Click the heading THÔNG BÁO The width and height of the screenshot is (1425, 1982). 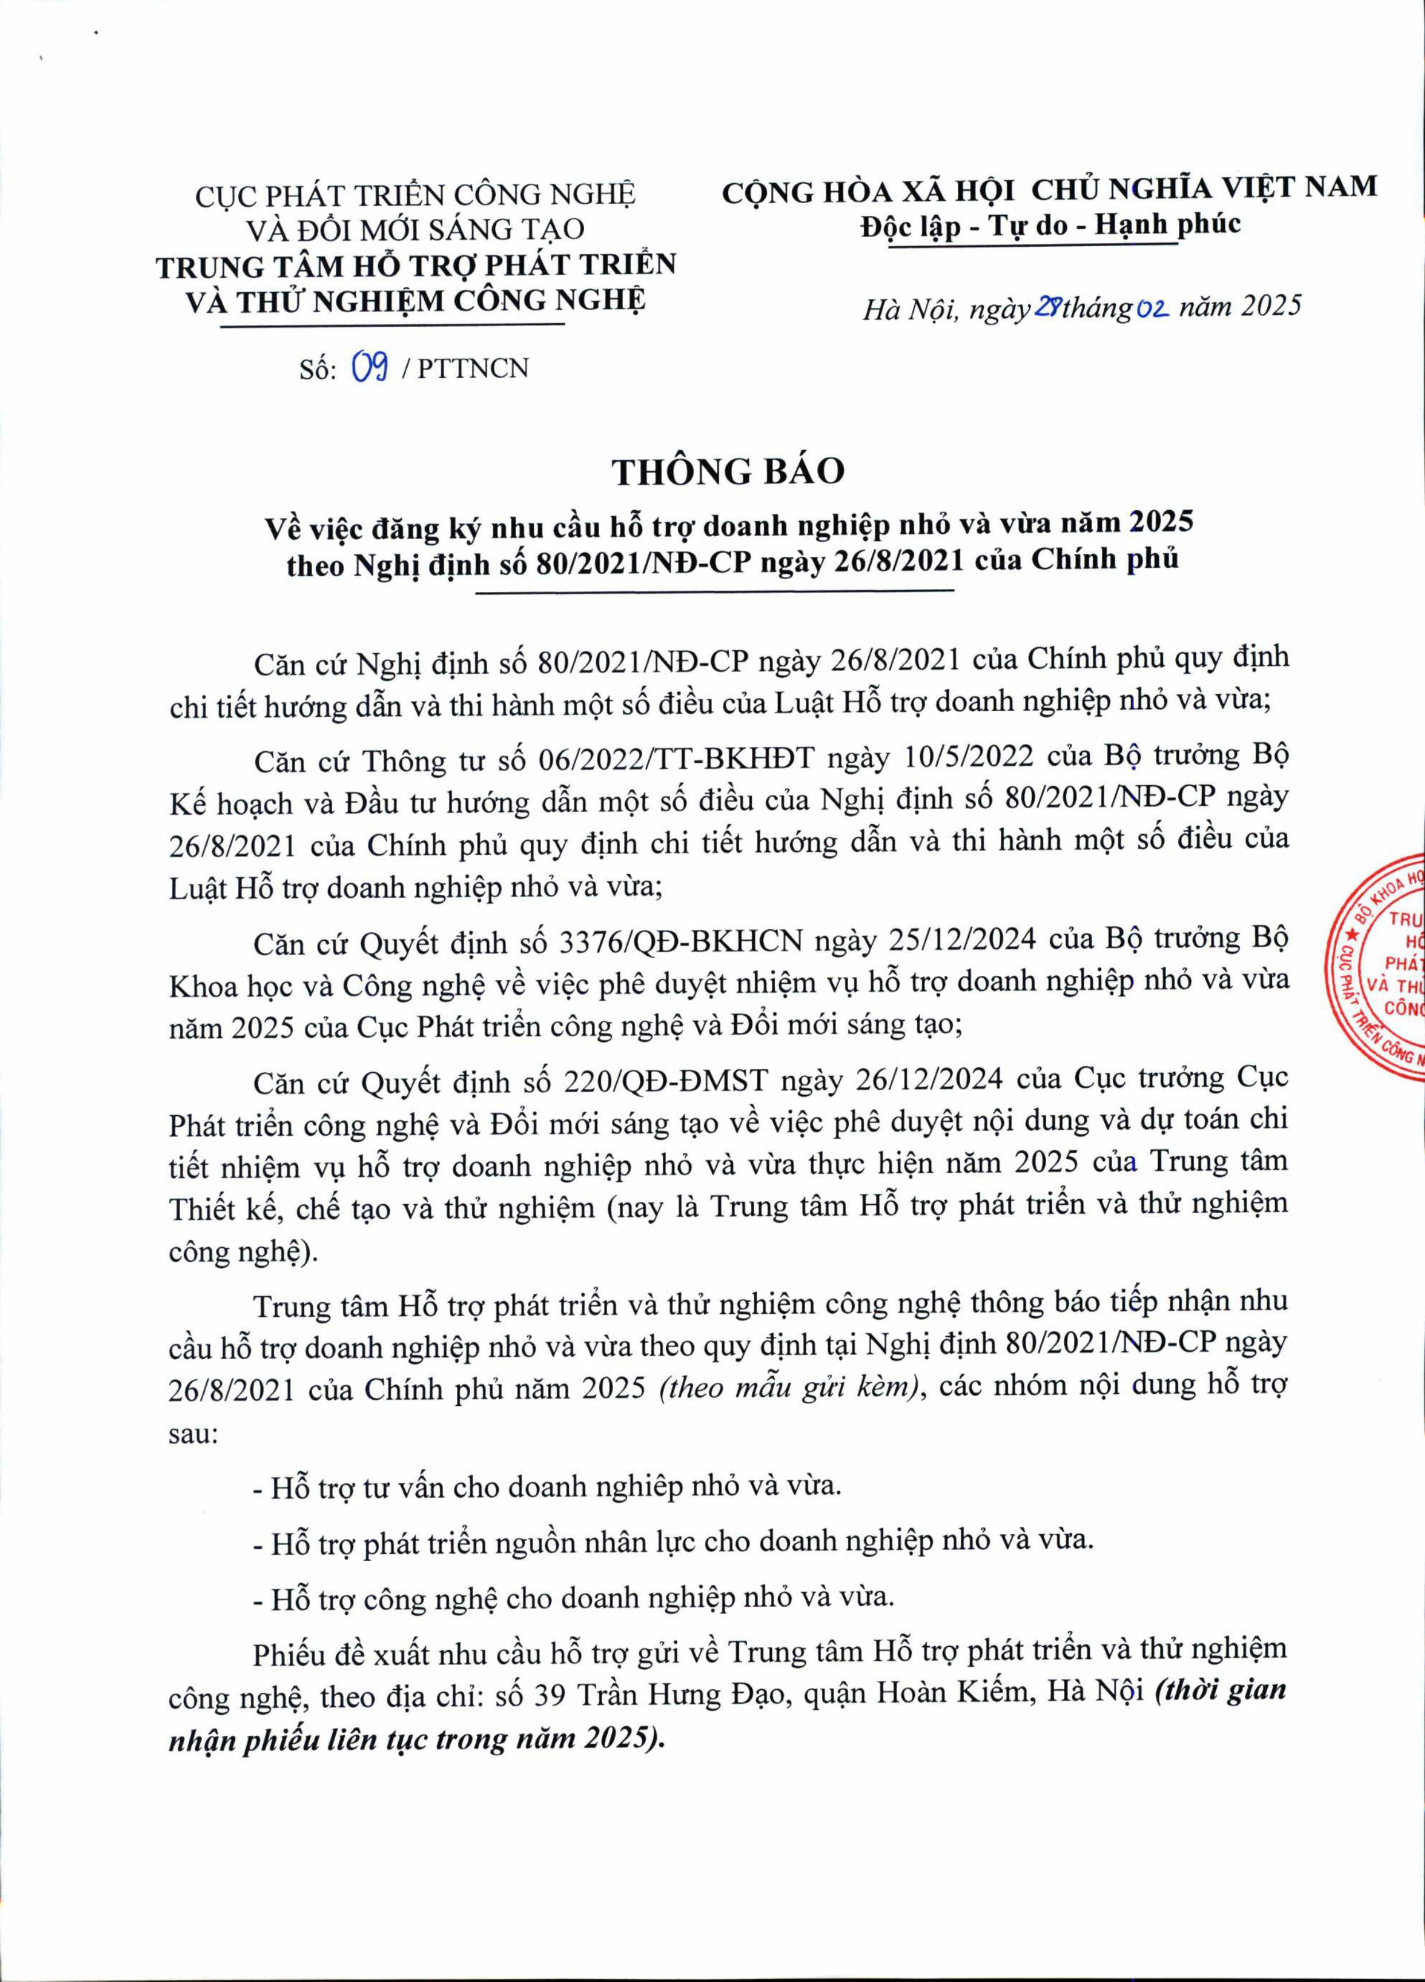pos(728,472)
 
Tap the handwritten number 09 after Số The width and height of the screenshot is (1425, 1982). pos(368,369)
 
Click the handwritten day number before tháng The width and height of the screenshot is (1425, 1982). pos(1047,307)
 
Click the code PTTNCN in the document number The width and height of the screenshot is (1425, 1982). pos(473,369)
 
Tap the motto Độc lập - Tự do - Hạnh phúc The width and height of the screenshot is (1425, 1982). pos(1050,226)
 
